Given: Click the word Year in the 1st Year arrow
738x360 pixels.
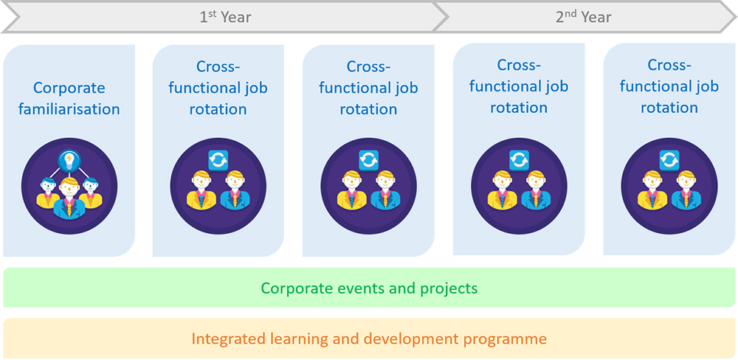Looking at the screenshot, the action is click(236, 18).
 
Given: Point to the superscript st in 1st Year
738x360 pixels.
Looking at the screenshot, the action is click(213, 13).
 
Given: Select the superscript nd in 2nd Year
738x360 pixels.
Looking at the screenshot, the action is click(570, 13).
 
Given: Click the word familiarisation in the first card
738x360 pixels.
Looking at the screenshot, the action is click(69, 109).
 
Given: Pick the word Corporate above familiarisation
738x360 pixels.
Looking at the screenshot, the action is click(69, 88).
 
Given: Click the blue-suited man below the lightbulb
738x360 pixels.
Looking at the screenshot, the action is click(69, 198).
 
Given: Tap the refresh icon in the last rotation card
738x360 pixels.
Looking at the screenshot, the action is click(669, 160).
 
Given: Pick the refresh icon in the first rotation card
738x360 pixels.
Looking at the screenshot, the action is click(218, 160).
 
